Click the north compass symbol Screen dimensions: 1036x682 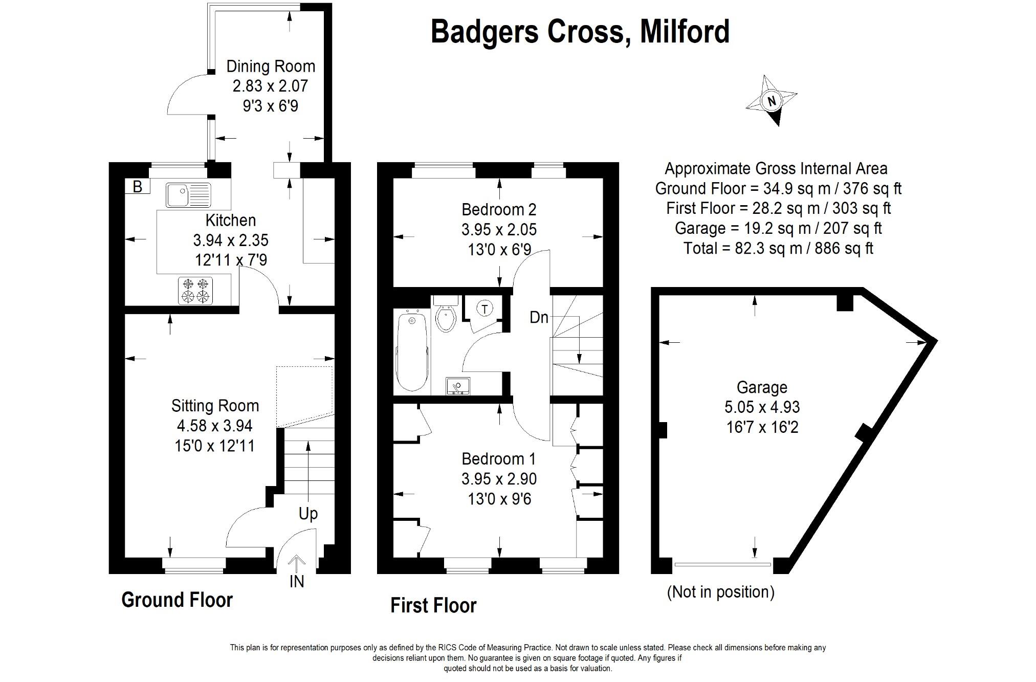(x=772, y=101)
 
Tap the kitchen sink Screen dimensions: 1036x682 (x=188, y=195)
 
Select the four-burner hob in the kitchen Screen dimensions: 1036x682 (x=195, y=290)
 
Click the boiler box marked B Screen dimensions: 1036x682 (x=137, y=186)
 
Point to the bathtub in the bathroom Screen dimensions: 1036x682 (x=412, y=351)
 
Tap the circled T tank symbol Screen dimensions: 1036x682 (x=484, y=309)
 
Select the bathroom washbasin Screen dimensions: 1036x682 (x=457, y=386)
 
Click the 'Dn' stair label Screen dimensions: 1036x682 (x=539, y=318)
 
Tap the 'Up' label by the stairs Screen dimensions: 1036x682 (x=308, y=513)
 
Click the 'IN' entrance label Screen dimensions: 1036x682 (x=297, y=582)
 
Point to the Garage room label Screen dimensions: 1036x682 (x=762, y=387)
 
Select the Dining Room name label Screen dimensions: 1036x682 (x=271, y=67)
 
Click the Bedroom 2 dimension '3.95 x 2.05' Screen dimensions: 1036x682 (x=499, y=229)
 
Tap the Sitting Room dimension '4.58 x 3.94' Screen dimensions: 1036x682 (x=214, y=426)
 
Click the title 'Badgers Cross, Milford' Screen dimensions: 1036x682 (x=580, y=32)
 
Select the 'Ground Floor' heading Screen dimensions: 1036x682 (x=177, y=600)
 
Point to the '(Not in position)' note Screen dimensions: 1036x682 (x=721, y=592)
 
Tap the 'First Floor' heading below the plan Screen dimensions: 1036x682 (x=433, y=605)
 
